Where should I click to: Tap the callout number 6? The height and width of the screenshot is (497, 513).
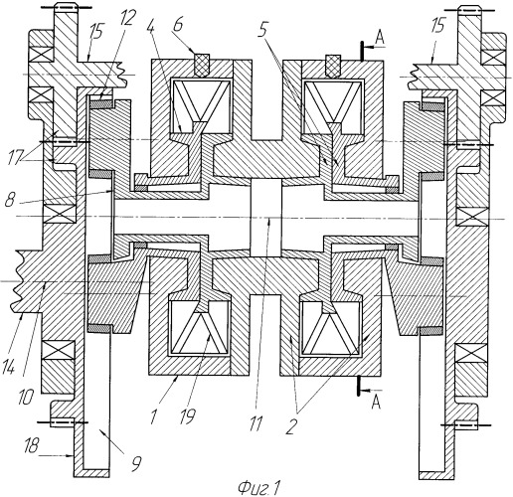point(178,25)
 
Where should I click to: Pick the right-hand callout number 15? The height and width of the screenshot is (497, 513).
point(437,26)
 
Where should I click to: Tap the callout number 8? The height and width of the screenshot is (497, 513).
point(11,202)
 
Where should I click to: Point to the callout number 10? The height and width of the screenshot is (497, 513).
point(27,396)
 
